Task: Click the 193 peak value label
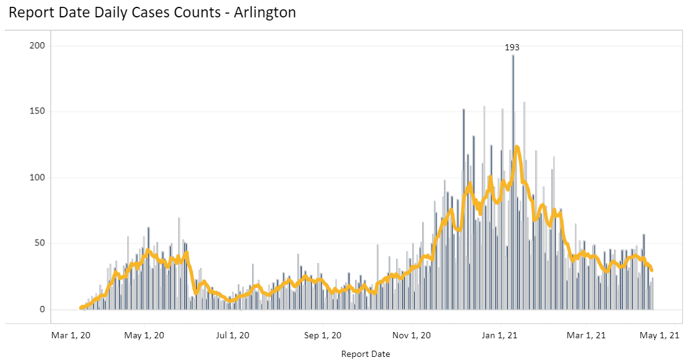512,47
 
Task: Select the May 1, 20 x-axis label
145,335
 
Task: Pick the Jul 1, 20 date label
232,335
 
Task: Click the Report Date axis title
366,354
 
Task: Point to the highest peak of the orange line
517,147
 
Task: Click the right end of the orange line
652,270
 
